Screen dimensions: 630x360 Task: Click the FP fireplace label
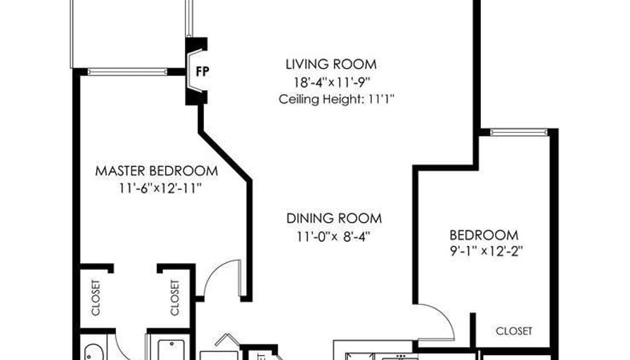click(x=202, y=72)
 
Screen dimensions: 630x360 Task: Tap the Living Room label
click(x=331, y=64)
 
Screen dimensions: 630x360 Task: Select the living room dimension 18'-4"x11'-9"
click(x=331, y=82)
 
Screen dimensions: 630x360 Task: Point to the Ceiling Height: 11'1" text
click(x=336, y=99)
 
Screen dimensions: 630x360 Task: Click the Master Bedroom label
click(x=157, y=171)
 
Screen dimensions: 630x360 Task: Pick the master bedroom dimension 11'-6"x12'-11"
click(x=160, y=188)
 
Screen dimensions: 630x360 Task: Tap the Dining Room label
click(x=334, y=219)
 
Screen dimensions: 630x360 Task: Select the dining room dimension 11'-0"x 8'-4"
click(x=333, y=236)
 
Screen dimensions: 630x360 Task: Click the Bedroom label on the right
click(x=484, y=235)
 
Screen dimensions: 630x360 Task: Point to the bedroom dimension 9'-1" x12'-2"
click(x=486, y=251)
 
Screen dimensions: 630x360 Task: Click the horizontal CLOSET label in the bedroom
click(x=514, y=331)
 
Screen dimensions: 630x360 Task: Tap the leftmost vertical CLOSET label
click(x=96, y=297)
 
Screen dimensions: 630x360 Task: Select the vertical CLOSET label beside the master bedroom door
click(x=175, y=297)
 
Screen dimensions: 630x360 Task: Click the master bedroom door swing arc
click(x=215, y=269)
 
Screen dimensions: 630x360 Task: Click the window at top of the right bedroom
click(x=519, y=132)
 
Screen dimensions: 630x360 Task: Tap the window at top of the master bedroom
click(x=127, y=72)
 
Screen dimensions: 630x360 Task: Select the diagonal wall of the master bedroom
click(x=225, y=156)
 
